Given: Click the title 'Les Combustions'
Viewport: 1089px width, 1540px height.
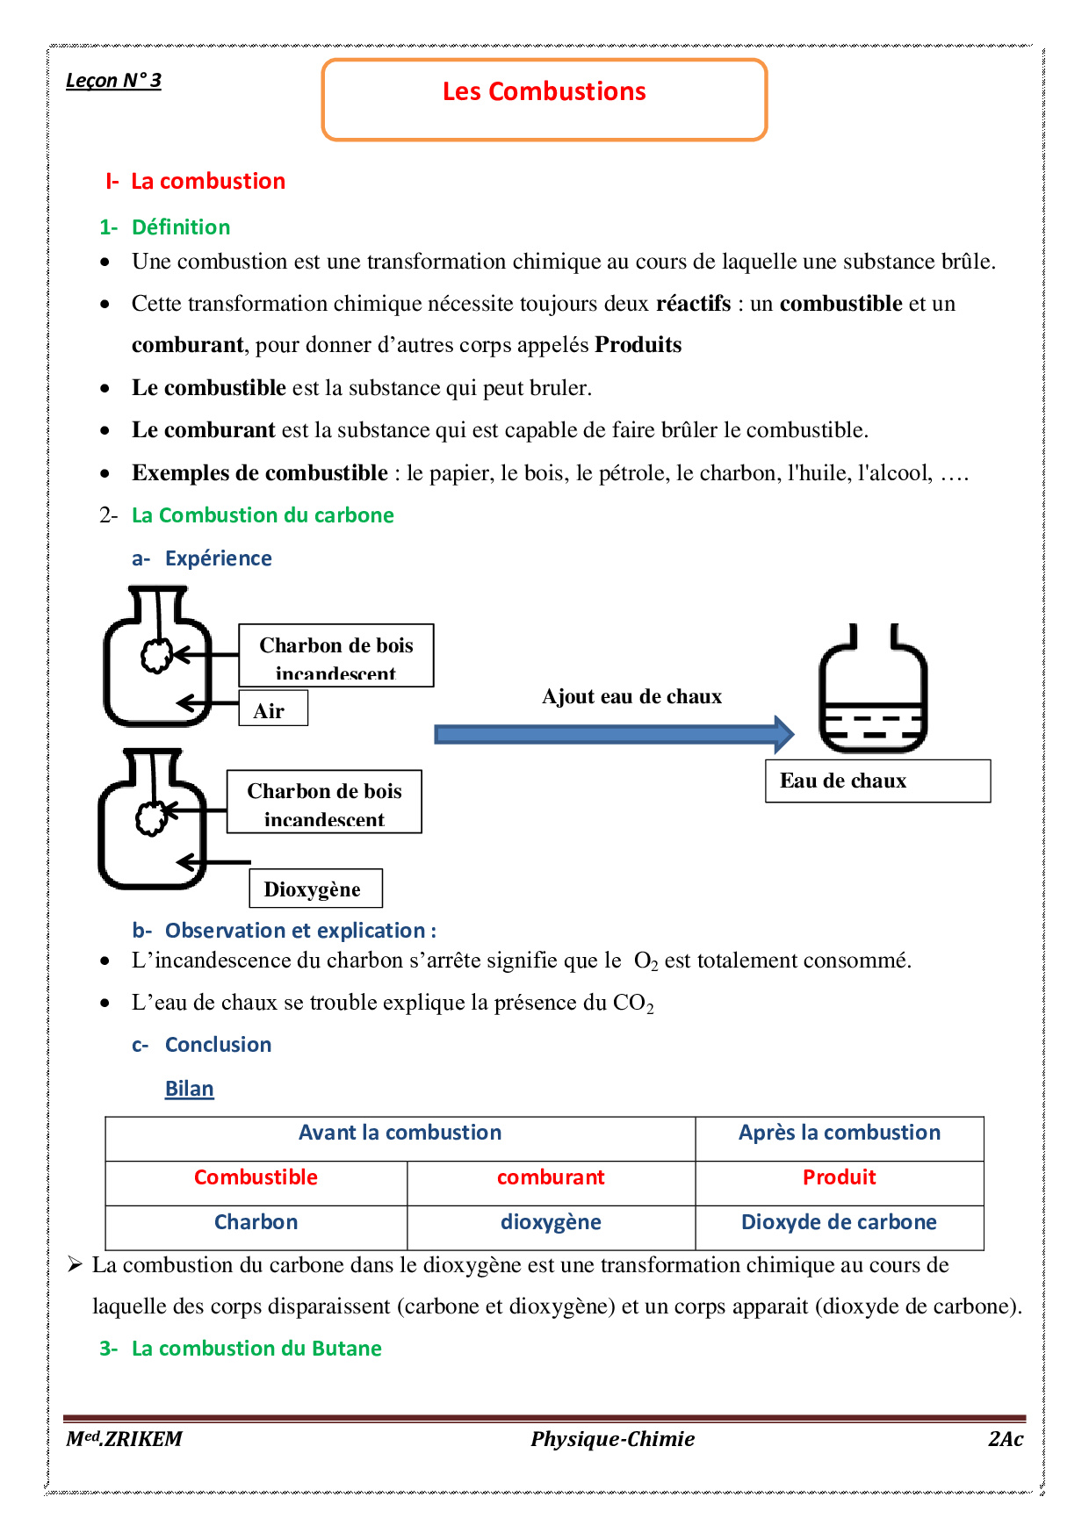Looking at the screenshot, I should click(x=544, y=92).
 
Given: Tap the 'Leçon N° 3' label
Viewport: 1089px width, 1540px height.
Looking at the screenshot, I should click(x=113, y=81).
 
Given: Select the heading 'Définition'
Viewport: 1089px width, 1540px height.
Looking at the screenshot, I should click(x=180, y=227).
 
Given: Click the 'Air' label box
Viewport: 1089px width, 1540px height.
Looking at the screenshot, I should click(x=272, y=709).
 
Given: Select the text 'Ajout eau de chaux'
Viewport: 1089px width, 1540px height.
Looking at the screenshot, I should click(x=631, y=696).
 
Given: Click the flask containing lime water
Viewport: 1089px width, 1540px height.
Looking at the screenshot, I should click(x=872, y=694).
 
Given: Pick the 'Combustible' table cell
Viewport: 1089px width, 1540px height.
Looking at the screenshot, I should click(x=256, y=1178).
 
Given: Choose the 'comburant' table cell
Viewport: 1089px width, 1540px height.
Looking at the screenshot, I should click(x=551, y=1178).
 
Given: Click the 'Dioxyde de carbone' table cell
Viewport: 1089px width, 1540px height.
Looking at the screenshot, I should click(x=839, y=1222).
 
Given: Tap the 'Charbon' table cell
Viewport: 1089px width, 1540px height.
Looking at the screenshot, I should click(x=256, y=1222).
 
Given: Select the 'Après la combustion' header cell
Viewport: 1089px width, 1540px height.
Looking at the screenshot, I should click(x=839, y=1133).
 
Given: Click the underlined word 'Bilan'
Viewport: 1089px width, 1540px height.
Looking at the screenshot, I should click(x=190, y=1089).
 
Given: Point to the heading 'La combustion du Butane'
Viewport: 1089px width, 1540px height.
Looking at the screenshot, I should click(x=256, y=1349).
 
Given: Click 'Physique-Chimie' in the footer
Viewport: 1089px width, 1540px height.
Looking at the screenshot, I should click(x=612, y=1439).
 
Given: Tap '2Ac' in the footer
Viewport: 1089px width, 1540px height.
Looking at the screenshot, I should click(x=1005, y=1439).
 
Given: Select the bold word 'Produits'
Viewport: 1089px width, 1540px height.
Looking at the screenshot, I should click(x=638, y=345).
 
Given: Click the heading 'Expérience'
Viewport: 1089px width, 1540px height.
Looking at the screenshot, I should click(x=218, y=558).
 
